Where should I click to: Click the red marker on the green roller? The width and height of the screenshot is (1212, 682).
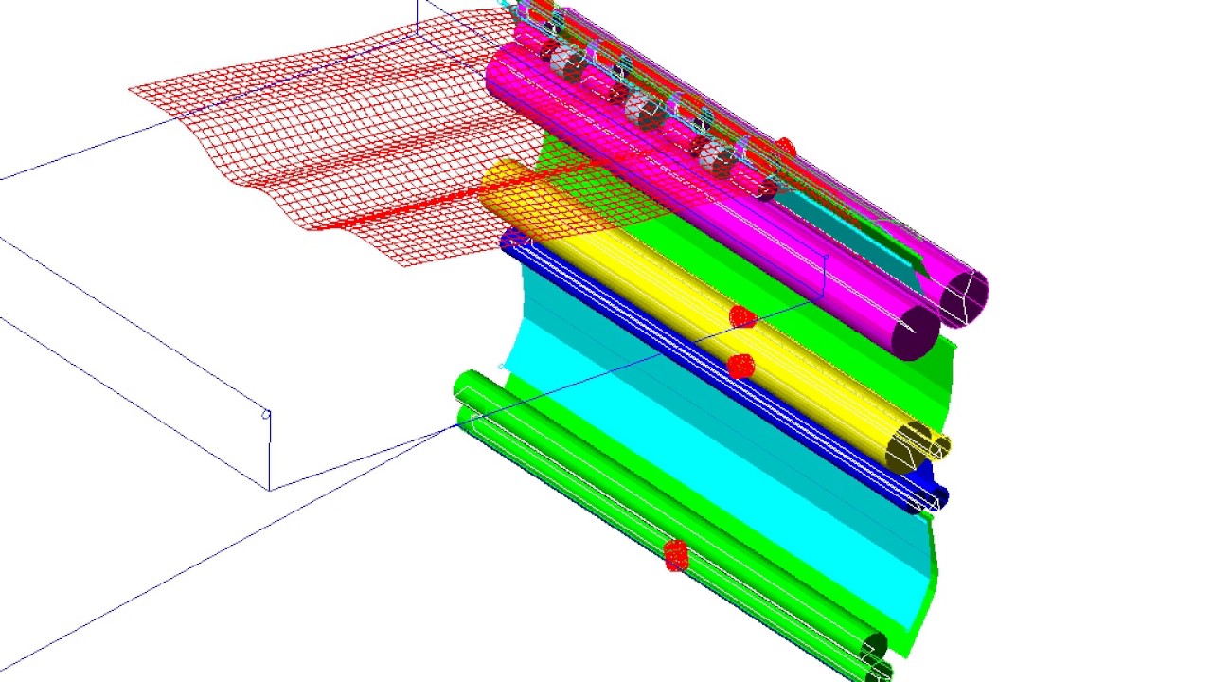point(675,555)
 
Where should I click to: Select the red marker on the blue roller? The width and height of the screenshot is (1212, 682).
point(740,365)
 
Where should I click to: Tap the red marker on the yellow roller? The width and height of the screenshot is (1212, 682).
point(742,316)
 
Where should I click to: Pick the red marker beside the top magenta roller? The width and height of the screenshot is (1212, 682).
point(785,148)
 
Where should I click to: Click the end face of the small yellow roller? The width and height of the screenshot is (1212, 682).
point(939,447)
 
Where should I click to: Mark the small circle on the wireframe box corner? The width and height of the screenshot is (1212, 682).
point(266,414)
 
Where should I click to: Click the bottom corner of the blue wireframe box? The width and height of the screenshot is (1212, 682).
point(270,490)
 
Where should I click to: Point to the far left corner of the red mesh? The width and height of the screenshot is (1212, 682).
point(131,89)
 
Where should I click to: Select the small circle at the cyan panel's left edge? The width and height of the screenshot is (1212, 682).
point(502,366)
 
